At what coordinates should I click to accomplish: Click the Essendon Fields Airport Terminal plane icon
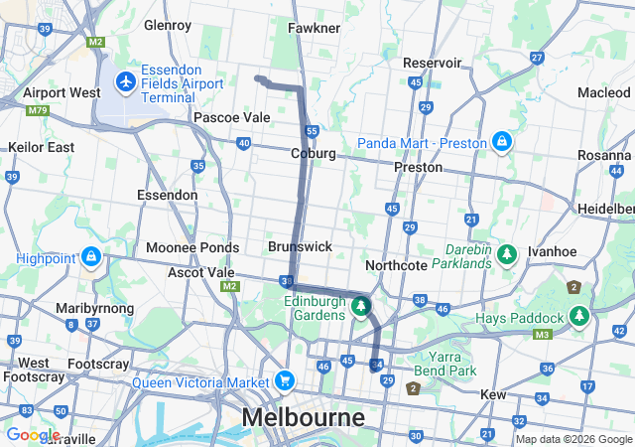126,79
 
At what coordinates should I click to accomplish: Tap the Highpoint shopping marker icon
91,257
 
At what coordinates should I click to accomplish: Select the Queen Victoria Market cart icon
285,380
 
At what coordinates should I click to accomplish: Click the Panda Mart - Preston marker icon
503,142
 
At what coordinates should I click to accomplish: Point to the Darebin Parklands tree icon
508,255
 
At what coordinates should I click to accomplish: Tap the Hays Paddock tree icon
579,317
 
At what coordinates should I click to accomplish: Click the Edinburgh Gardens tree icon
362,308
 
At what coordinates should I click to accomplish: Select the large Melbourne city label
303,417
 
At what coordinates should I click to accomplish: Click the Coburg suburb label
314,154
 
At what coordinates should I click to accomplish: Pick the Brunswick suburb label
300,245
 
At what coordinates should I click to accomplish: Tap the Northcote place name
396,265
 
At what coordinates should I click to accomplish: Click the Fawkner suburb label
315,28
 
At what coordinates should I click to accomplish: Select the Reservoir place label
432,63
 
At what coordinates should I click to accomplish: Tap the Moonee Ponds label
192,247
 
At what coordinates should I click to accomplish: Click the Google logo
32,435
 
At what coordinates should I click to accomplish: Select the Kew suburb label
493,394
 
